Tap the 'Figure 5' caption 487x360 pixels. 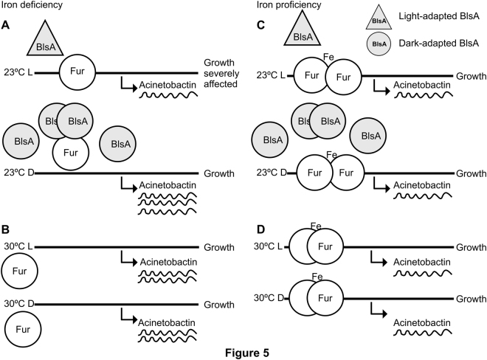(x=243, y=351)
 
